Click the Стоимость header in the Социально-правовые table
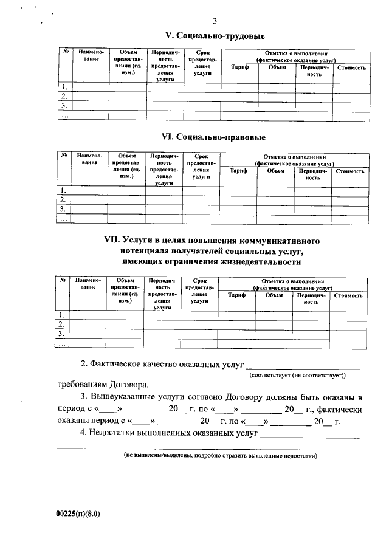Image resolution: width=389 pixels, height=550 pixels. tap(350, 171)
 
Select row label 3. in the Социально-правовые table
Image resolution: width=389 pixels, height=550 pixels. tap(63, 209)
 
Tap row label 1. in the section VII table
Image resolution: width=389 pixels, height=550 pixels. tap(62, 314)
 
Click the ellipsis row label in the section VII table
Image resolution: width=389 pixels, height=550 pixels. tap(62, 343)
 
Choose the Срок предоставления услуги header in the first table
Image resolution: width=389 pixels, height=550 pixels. tap(202, 62)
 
